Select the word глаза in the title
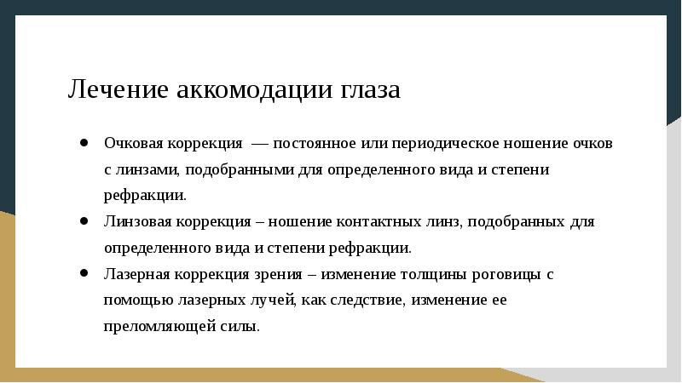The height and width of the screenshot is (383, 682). point(372,89)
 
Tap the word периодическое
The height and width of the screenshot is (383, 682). point(438,143)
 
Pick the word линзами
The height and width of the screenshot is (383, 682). point(146,169)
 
